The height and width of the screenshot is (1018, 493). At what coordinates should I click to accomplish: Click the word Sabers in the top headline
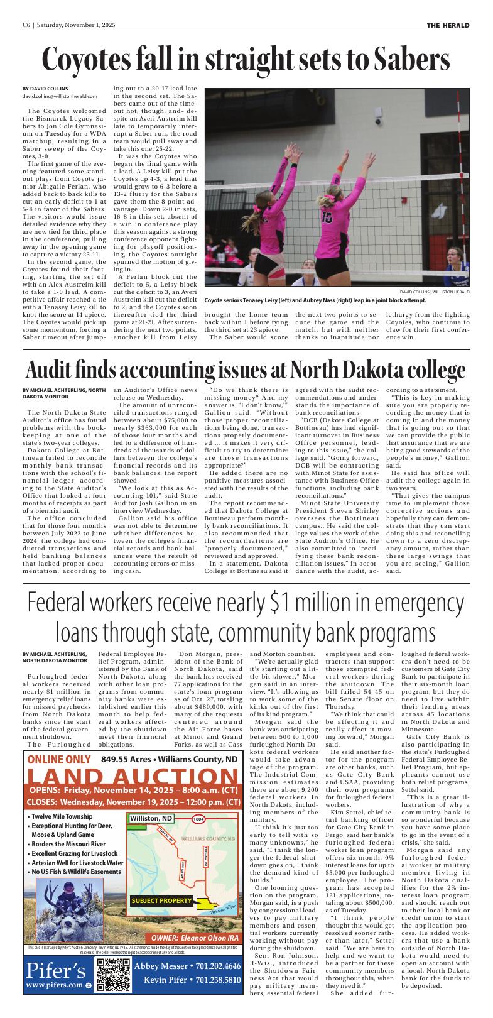pyautogui.click(x=411, y=60)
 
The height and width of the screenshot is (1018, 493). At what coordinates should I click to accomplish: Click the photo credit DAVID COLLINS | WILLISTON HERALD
pyautogui.click(x=434, y=292)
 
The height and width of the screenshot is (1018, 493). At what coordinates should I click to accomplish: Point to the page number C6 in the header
pyautogui.click(x=27, y=25)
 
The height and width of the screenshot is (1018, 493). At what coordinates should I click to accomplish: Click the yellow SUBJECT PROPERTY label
pyautogui.click(x=161, y=900)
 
